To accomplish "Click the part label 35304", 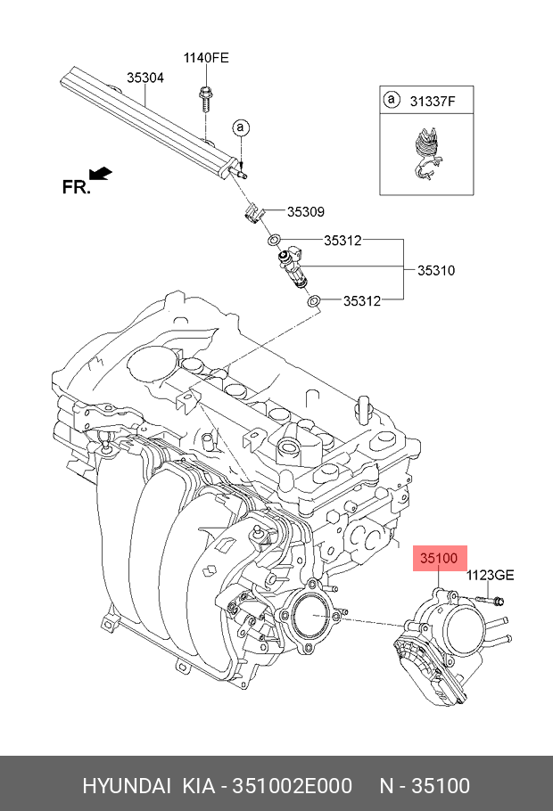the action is (145, 78).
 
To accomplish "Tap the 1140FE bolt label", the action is (205, 57).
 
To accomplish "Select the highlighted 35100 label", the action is (439, 558).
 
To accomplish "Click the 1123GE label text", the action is (490, 575).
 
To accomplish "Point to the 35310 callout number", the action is (436, 271).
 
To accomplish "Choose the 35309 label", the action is (306, 211).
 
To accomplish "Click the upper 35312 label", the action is (343, 241).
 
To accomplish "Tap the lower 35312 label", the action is (362, 300).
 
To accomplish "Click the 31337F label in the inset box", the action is (433, 102).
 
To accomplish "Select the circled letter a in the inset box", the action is (392, 99).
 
